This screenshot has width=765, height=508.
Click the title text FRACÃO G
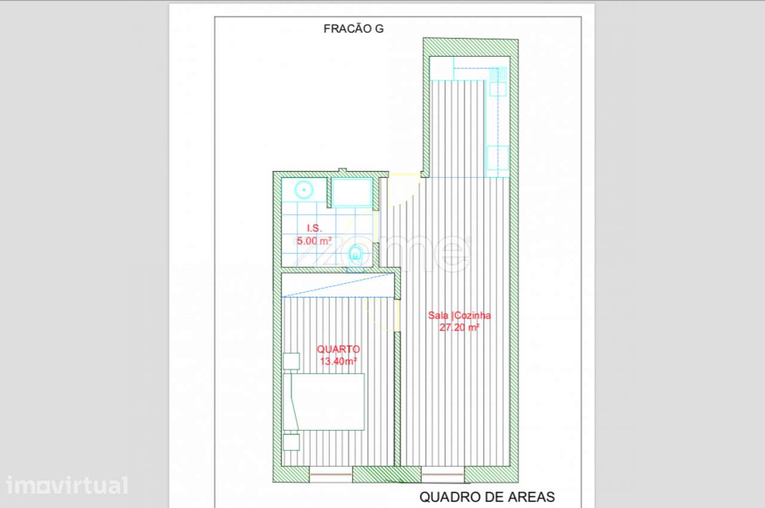[353, 29]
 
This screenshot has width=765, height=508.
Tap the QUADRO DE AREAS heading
[487, 497]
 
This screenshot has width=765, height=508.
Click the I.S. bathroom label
[314, 228]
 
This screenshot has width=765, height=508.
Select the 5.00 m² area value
[314, 241]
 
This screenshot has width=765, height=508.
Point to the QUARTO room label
[338, 349]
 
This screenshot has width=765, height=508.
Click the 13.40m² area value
[338, 361]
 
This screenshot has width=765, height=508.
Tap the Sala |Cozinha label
[460, 315]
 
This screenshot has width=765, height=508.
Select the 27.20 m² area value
[460, 328]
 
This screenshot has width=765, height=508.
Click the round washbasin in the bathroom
[304, 190]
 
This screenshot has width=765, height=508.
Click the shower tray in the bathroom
[352, 192]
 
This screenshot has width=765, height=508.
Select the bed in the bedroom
[324, 402]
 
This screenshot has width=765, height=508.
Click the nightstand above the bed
[291, 361]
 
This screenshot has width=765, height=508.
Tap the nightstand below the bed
[291, 442]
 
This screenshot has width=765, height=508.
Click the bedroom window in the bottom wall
[331, 474]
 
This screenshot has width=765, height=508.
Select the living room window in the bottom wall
[443, 474]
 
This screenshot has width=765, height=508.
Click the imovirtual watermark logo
[67, 485]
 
